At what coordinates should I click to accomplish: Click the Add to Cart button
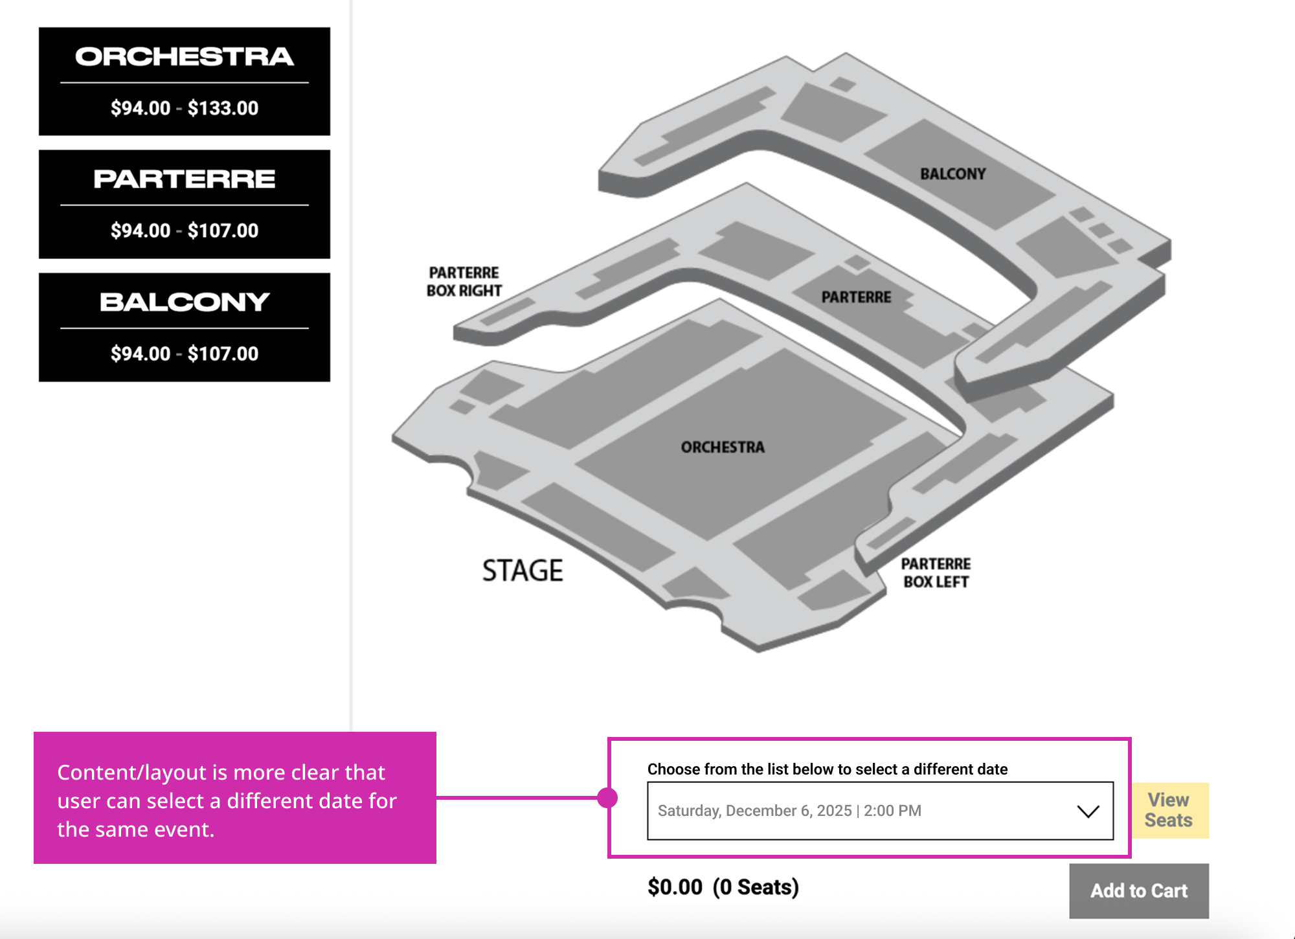(1138, 890)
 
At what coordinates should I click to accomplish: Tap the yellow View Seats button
(1169, 810)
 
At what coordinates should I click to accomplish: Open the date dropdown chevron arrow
(1088, 811)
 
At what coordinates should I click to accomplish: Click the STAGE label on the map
(523, 571)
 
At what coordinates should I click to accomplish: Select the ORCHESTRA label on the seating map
(723, 447)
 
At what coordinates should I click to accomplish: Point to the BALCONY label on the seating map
(952, 174)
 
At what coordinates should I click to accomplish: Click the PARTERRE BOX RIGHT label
(464, 282)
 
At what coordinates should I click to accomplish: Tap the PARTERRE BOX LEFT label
(936, 573)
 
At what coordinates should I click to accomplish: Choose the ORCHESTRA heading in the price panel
(185, 57)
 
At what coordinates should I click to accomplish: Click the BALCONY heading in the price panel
(185, 302)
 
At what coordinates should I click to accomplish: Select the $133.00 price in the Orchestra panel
(223, 108)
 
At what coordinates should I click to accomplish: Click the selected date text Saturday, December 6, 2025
(754, 811)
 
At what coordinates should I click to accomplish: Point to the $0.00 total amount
(675, 887)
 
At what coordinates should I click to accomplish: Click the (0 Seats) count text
(756, 887)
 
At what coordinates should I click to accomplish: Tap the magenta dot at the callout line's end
(607, 798)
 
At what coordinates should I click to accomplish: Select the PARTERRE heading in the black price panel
(185, 179)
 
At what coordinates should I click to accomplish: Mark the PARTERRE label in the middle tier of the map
(856, 297)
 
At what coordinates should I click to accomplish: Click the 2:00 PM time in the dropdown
(892, 811)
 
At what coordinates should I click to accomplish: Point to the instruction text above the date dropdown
(828, 769)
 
